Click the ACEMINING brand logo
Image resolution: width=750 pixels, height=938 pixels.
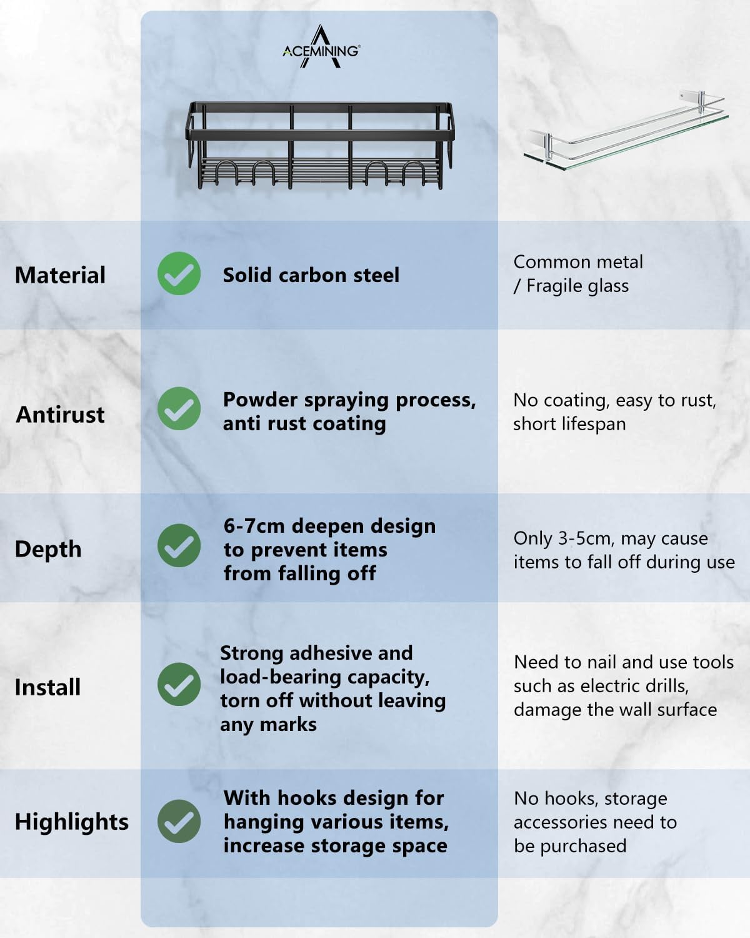tap(321, 47)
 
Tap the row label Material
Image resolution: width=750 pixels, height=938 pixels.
tap(60, 275)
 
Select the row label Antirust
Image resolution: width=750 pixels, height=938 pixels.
tap(60, 414)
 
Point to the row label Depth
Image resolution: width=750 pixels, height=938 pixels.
tap(48, 549)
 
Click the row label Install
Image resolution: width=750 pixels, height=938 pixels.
tap(47, 687)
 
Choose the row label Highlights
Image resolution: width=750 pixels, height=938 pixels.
tap(71, 822)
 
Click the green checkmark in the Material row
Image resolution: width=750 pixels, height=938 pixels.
tap(179, 273)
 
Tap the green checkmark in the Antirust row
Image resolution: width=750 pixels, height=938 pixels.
tap(179, 408)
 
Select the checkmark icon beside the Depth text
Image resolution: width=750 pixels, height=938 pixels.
tap(179, 545)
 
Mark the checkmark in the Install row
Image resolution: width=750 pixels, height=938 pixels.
tap(179, 684)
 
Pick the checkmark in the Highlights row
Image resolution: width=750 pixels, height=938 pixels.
tap(179, 821)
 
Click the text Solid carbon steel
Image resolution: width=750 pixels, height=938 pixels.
tap(311, 275)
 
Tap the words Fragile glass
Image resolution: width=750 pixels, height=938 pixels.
tap(577, 286)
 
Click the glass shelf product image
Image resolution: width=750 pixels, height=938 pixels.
tap(626, 130)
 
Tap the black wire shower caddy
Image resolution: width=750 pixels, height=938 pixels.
tap(320, 145)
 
